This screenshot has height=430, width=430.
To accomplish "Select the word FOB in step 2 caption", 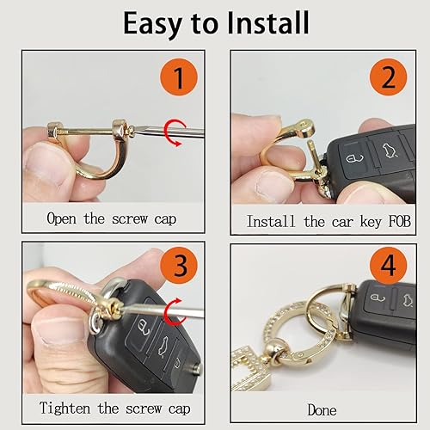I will coord(384,221).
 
